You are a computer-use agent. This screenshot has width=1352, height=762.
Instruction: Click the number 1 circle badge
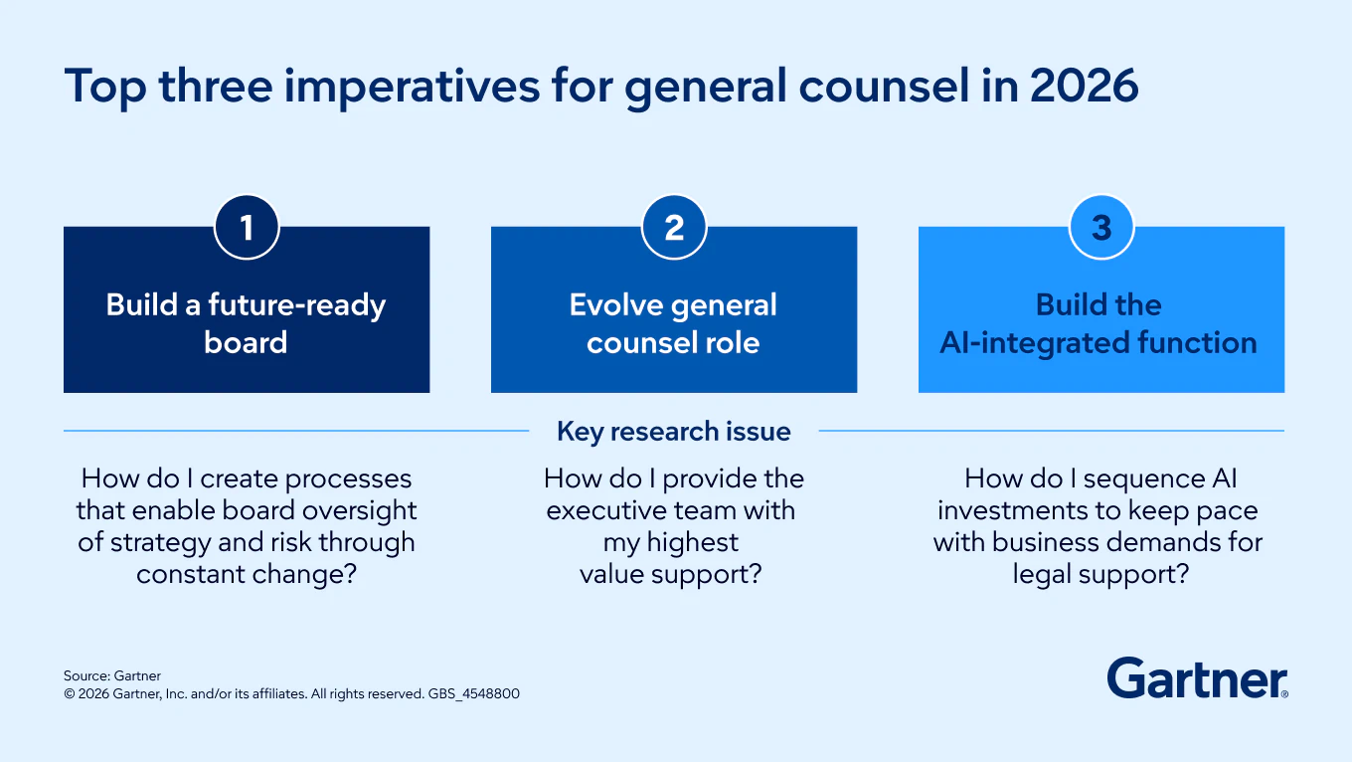247,228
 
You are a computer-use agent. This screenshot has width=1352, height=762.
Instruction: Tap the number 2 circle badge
674,228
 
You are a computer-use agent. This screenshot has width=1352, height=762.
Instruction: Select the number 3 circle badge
1101,228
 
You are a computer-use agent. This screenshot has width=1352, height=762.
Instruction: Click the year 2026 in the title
1085,87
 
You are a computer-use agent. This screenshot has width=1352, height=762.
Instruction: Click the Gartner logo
1197,678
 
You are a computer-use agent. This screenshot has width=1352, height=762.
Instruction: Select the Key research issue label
674,432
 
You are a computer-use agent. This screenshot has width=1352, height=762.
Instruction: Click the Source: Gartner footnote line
112,675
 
